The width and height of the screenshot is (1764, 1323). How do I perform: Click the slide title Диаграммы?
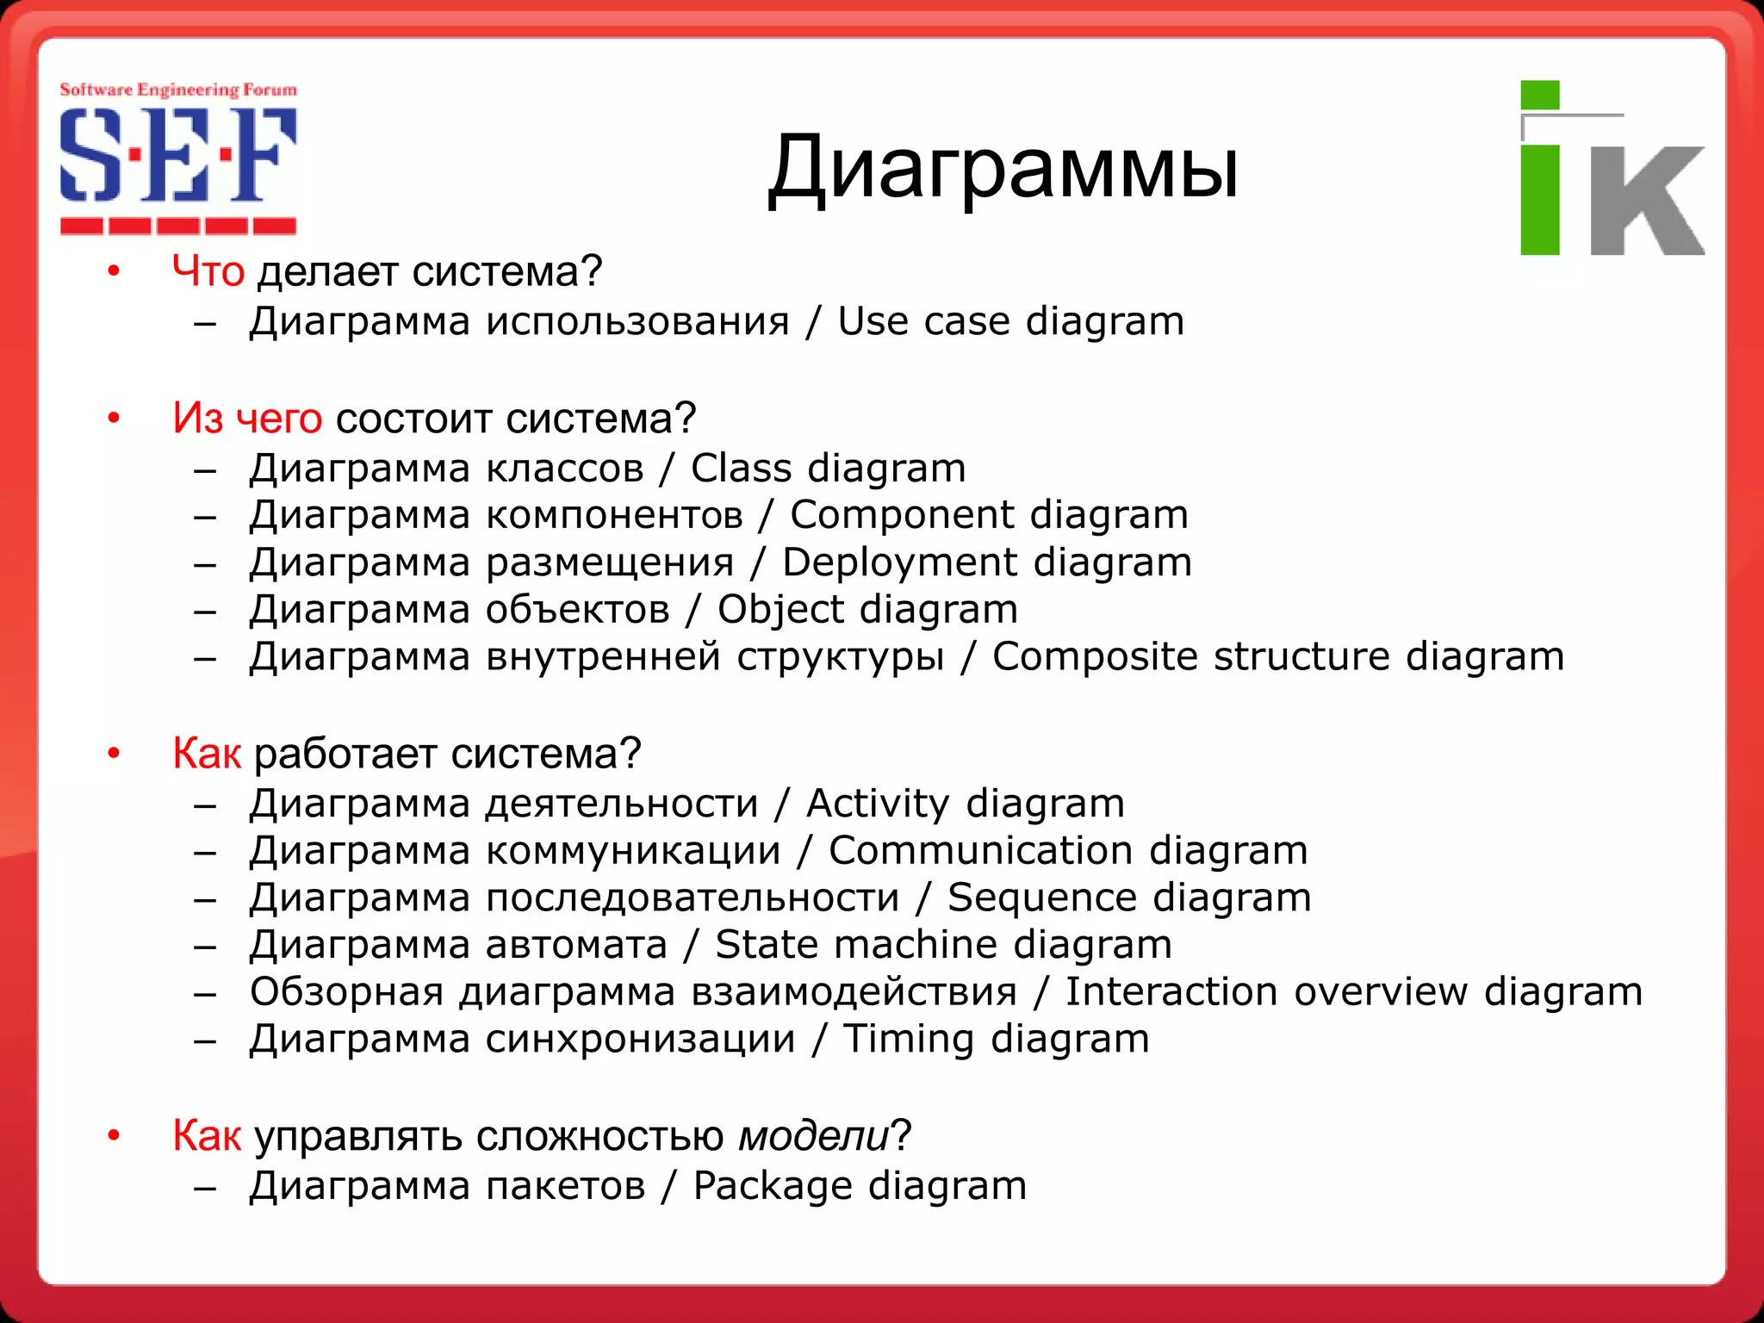tap(1003, 169)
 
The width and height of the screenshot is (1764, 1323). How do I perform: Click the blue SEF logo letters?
tap(177, 156)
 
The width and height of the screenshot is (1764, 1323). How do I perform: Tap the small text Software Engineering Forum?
tap(177, 90)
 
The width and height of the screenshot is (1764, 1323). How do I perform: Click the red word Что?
tap(208, 272)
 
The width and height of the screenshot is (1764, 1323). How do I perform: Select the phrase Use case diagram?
tap(1010, 322)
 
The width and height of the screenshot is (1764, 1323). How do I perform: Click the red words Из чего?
tap(247, 419)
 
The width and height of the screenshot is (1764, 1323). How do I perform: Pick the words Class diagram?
tap(828, 469)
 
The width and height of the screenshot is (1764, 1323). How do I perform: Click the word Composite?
tap(1094, 656)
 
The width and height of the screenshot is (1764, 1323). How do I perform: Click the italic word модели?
tap(813, 1136)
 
